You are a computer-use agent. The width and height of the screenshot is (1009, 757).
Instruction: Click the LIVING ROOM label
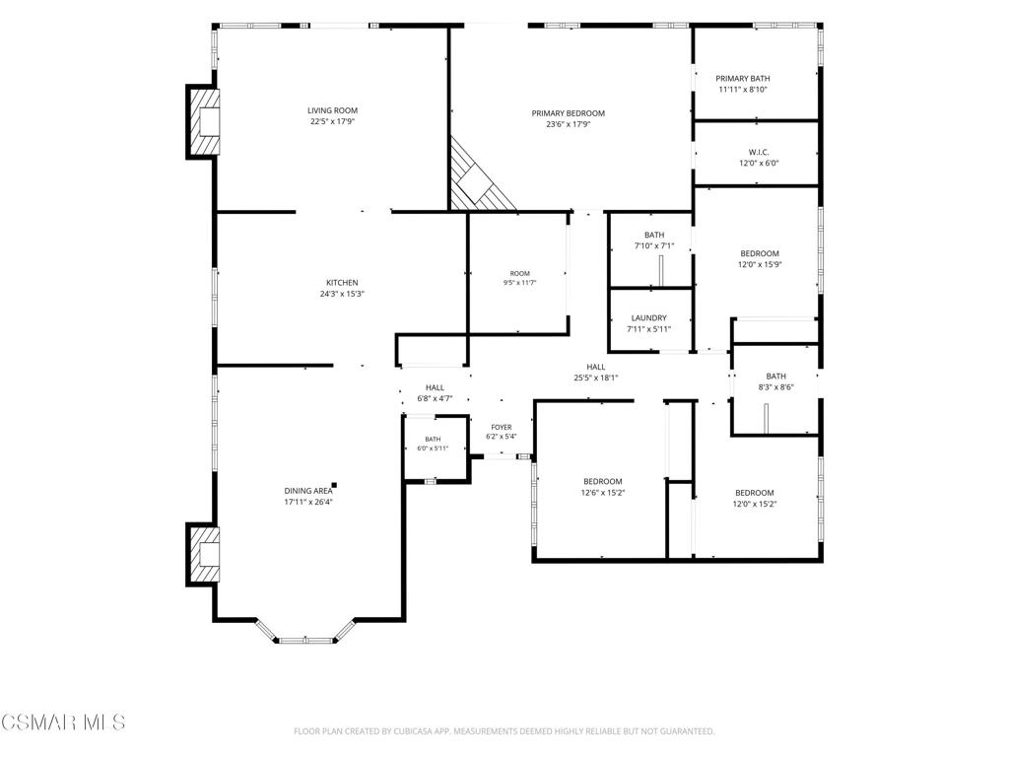[332, 110]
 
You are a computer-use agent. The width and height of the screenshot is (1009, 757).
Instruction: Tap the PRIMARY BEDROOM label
[569, 113]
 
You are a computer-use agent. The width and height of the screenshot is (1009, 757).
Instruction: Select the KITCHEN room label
[342, 283]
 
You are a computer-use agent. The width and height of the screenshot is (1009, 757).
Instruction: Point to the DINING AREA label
[308, 491]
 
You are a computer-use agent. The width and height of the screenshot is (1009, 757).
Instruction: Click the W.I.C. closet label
[759, 153]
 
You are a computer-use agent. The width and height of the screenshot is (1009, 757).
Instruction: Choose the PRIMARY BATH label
[743, 79]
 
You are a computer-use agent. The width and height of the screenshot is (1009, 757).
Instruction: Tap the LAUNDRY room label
[648, 318]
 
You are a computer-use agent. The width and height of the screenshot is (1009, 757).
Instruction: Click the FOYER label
[502, 428]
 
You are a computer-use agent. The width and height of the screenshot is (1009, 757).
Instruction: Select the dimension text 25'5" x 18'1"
[596, 378]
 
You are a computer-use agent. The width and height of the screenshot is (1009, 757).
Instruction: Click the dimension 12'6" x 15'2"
[603, 493]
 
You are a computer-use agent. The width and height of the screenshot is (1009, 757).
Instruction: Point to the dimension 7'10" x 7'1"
[654, 245]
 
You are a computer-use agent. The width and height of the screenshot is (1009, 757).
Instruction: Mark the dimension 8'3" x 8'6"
[775, 386]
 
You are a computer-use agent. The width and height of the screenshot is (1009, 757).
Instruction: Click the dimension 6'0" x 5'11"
[433, 448]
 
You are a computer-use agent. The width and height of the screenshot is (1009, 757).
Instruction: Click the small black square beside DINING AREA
[334, 485]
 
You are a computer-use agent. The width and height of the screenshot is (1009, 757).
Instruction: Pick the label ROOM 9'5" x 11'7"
[520, 278]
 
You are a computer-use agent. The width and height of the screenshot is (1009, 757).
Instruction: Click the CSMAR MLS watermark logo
[63, 722]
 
